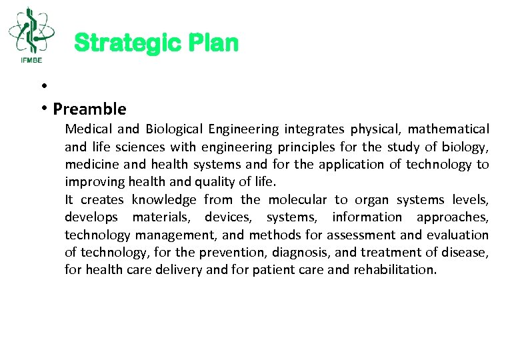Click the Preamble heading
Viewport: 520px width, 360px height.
(89, 109)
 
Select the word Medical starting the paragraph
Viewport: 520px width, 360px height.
(88, 129)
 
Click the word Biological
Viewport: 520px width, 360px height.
(175, 129)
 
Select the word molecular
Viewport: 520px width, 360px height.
(297, 200)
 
